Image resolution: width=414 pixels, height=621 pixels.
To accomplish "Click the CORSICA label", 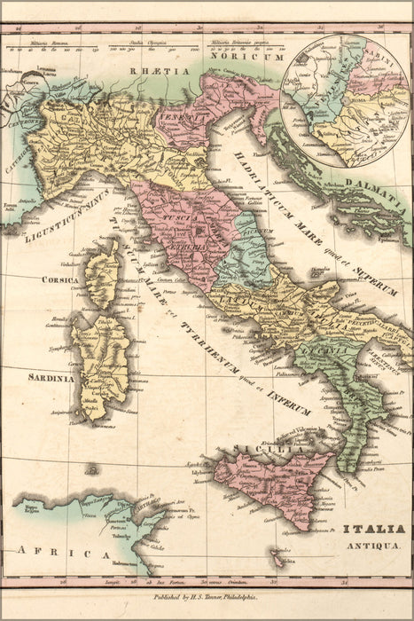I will coord(59,279).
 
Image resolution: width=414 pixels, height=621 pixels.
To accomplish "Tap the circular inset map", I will coord(346,99).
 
